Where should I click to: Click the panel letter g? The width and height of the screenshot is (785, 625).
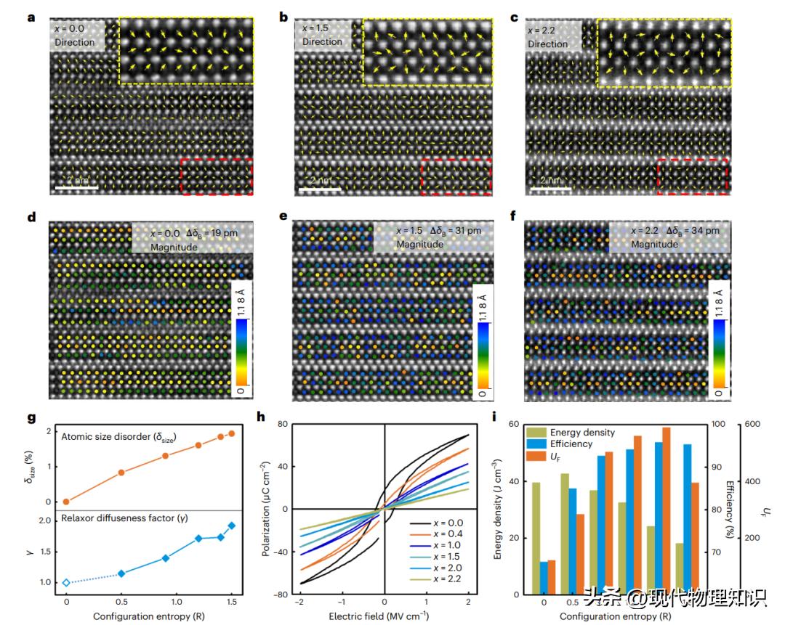pyautogui.click(x=31, y=419)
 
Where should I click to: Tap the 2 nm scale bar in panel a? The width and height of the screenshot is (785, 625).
pyautogui.click(x=76, y=188)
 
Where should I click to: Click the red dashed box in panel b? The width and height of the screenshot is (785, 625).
pyautogui.click(x=456, y=177)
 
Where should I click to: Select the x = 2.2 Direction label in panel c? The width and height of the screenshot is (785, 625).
pyautogui.click(x=552, y=36)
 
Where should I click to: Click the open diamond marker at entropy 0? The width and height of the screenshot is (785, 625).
pyautogui.click(x=66, y=582)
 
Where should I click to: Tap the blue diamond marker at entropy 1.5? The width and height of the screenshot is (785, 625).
pyautogui.click(x=232, y=526)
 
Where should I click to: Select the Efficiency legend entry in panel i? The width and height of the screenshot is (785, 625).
pyautogui.click(x=567, y=444)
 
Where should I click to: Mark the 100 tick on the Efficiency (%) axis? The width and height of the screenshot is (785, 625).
pyautogui.click(x=715, y=424)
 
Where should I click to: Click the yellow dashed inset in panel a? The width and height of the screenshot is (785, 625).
pyautogui.click(x=185, y=52)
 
